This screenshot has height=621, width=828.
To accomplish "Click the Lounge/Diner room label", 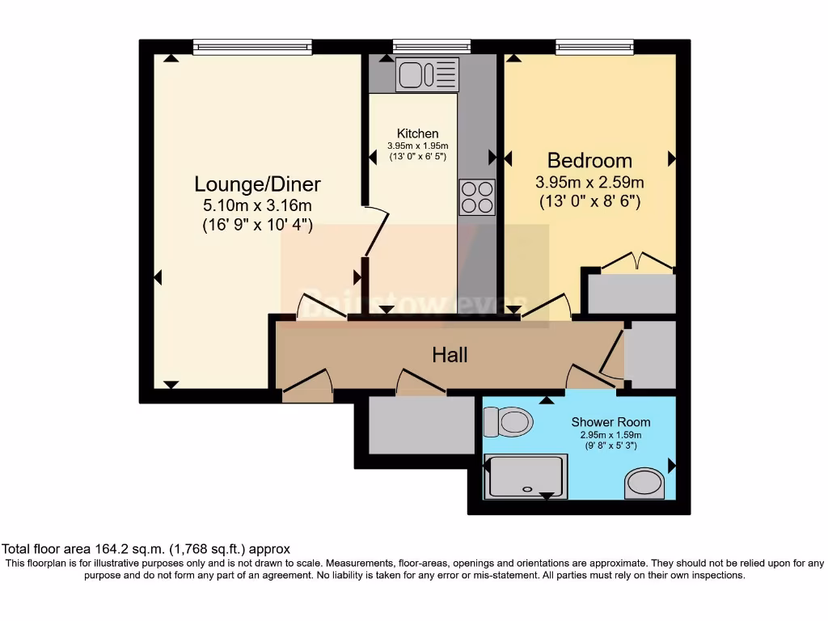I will tap(257, 184).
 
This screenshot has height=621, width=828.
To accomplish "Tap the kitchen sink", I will tap(427, 74).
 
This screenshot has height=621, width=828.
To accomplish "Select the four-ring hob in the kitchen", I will tap(477, 196).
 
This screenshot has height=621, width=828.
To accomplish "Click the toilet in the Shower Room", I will tap(507, 421).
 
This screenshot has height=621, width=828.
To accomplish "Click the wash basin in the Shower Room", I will tap(645, 483).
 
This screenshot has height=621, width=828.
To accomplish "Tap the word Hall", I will tap(450, 354).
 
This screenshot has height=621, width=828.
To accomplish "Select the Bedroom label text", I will tap(589, 159).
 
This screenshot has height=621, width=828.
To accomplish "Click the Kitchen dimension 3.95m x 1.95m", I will tap(417, 145).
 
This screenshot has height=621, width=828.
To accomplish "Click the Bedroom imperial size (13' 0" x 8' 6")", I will tap(589, 202).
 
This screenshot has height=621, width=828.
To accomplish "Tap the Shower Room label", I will tap(610, 422).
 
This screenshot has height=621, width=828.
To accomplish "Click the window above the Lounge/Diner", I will tap(252, 48).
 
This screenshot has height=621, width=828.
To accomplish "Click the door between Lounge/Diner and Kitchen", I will tap(377, 230).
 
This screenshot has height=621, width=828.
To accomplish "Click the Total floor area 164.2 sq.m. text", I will tap(146, 548).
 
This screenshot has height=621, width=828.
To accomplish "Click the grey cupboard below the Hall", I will tap(420, 425).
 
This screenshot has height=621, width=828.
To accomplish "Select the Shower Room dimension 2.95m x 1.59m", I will tap(610, 434).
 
